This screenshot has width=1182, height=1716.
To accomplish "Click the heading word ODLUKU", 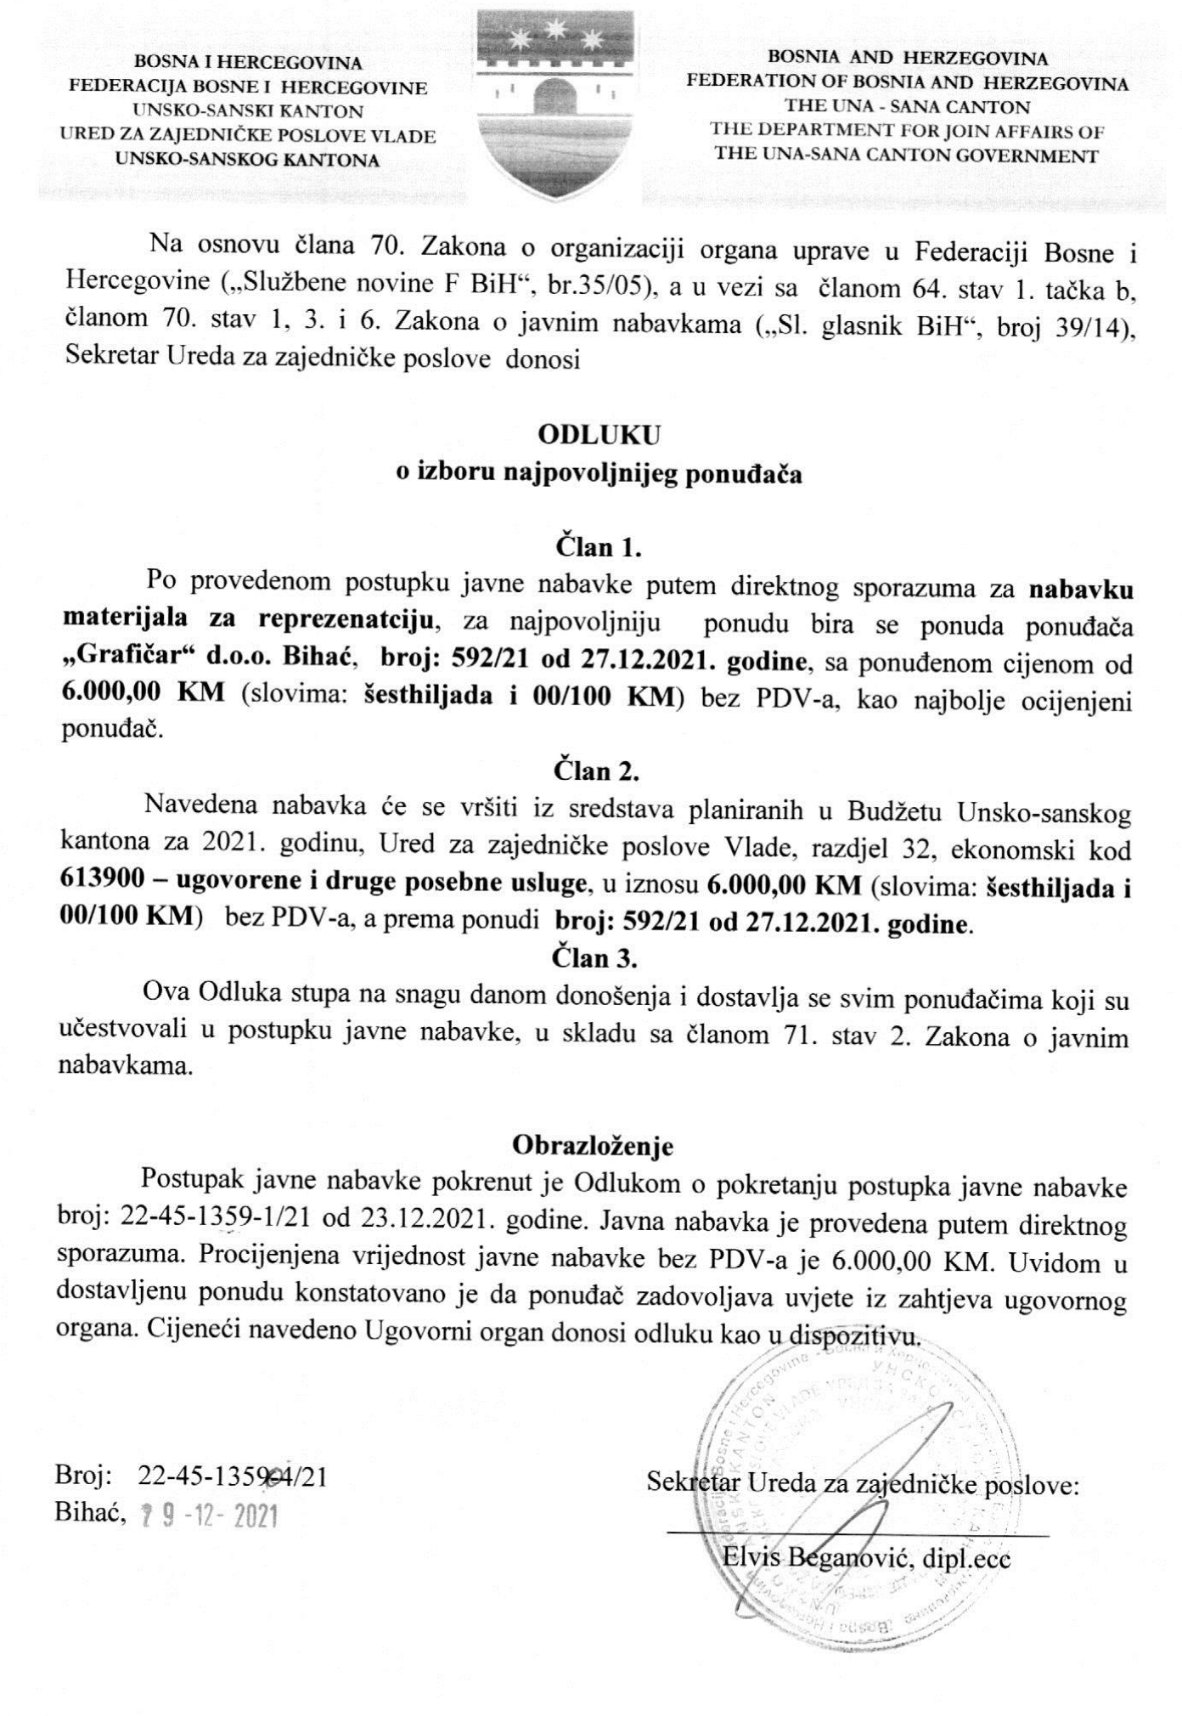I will point(599,435).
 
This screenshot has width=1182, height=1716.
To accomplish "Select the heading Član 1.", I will point(598,546).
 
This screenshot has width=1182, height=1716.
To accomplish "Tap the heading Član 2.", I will point(596,771).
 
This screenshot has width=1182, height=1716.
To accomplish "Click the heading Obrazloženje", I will point(593,1146).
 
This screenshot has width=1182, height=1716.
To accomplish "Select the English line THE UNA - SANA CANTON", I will point(907,107).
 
